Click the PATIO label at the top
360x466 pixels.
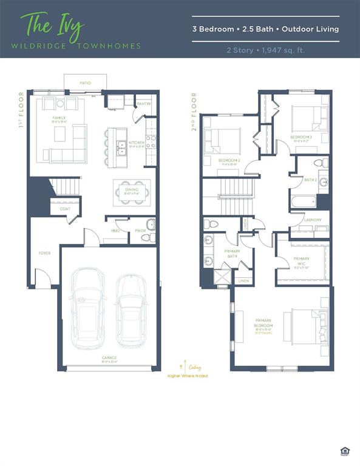click(x=86, y=83)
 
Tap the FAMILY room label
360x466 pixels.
click(x=59, y=118)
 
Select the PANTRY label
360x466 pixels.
click(x=143, y=104)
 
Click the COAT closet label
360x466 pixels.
click(x=64, y=209)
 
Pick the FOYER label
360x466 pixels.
click(x=45, y=253)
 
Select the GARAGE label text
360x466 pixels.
click(x=109, y=358)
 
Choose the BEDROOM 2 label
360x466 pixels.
click(x=229, y=160)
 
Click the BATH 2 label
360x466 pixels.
click(x=310, y=180)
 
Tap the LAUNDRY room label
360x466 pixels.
click(x=313, y=220)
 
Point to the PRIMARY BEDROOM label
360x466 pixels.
click(x=263, y=323)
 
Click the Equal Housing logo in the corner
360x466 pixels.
click(x=346, y=450)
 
